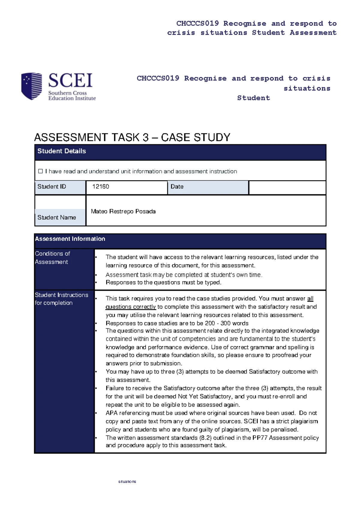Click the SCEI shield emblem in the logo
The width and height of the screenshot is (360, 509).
coord(31,86)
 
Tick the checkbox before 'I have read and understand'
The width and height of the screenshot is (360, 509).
coord(40,171)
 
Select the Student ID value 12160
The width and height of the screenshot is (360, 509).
coord(100,187)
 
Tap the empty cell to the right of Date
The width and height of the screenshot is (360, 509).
coord(287,188)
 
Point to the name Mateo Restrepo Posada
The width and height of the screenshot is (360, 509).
coord(123,212)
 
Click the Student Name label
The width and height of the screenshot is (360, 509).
coord(56,218)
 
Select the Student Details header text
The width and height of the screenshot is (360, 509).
coord(61,151)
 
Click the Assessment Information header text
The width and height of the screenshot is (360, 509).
coord(70,239)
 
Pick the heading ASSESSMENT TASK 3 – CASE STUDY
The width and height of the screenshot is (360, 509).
coord(132,137)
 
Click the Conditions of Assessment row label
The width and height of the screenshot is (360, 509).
coord(52,258)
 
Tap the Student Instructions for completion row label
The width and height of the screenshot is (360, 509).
coord(61,299)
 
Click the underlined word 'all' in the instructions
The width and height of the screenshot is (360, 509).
coord(310,299)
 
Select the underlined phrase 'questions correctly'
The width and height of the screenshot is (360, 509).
coord(130,307)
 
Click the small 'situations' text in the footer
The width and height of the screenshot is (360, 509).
coord(127,481)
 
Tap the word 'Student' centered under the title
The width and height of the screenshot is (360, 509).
coord(253,98)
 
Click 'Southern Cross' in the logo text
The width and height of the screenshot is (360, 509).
coord(67,93)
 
